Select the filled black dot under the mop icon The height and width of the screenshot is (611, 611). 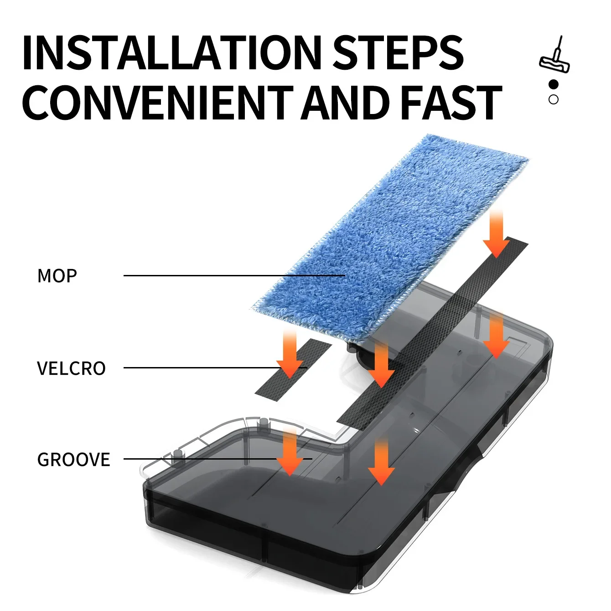pos(554,84)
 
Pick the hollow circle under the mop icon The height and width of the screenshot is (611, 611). pos(554,99)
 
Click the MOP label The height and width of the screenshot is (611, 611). pos(57,276)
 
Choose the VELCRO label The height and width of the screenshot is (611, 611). pos(71,368)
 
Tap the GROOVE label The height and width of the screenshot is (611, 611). pos(73,460)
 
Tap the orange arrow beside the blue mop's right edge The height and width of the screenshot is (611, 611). pos(497,234)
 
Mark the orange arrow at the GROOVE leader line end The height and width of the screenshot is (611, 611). pos(290,452)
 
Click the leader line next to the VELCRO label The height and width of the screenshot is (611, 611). pos(215,368)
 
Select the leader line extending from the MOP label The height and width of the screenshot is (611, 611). pos(234,275)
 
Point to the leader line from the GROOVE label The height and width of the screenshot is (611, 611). pos(218,459)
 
